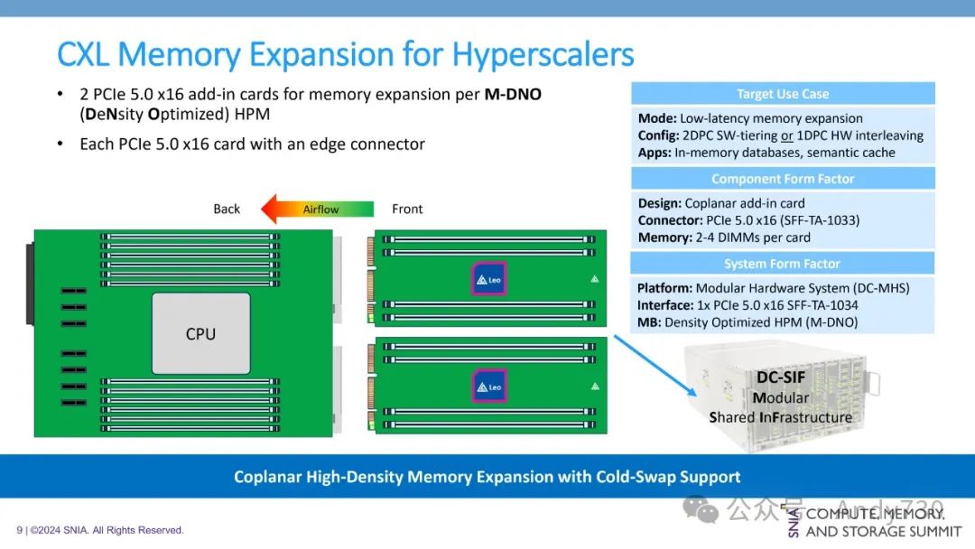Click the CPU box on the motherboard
coord(200,333)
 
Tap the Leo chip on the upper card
coord(489,279)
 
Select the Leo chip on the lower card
coord(489,386)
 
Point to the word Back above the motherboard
coord(227,209)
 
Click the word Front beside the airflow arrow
coord(407,209)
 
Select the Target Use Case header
coord(783,94)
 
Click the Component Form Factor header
coord(783,179)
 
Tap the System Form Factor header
coord(783,264)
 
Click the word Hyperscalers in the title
coord(543,55)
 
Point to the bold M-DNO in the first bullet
coord(513,95)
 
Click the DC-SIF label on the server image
coord(780,377)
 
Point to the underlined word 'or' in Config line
coord(787,135)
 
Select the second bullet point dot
coord(60,144)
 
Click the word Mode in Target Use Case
coord(653,118)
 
